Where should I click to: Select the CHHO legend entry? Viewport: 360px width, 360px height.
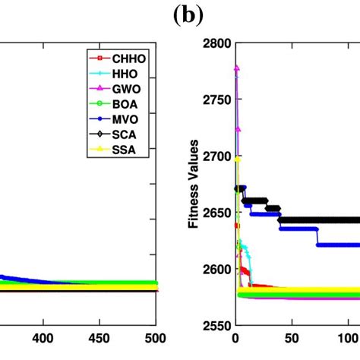click(129, 58)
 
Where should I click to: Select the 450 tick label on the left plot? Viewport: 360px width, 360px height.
click(99, 338)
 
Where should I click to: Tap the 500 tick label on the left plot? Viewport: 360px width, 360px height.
click(155, 338)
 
